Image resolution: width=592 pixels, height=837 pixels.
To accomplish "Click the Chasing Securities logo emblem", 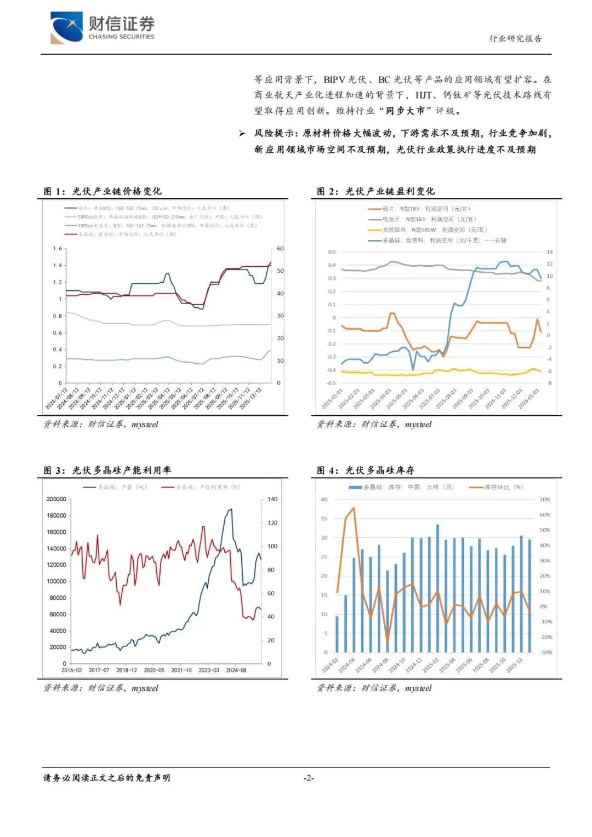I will point(66,27).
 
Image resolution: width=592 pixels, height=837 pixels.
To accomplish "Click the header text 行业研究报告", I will point(515,38).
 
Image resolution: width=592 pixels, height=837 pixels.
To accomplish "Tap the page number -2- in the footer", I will point(309,778).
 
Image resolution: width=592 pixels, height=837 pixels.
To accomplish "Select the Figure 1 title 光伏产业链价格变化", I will point(117,191).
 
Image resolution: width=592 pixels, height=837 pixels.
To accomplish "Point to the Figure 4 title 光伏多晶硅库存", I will point(380,470).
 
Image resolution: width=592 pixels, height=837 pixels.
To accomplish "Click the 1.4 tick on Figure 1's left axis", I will point(58,265).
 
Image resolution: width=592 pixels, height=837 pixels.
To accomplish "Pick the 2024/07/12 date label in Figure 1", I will point(56,398).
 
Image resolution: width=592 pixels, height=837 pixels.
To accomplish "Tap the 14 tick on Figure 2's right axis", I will point(549,252).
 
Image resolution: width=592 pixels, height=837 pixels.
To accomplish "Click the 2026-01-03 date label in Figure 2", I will point(528,398).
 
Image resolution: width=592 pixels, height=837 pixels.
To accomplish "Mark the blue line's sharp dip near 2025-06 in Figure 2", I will point(413,370).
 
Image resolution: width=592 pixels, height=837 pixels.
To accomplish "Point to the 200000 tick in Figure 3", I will point(56,499).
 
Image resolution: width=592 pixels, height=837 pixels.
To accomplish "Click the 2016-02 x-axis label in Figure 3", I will point(72,670).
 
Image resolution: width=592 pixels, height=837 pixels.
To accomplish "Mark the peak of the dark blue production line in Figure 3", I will point(231,509).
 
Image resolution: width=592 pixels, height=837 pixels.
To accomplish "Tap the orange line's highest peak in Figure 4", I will point(354,508).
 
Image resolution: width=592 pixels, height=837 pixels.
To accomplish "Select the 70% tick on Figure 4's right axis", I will point(545,500).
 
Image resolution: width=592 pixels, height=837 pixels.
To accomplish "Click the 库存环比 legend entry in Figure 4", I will point(497,487).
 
